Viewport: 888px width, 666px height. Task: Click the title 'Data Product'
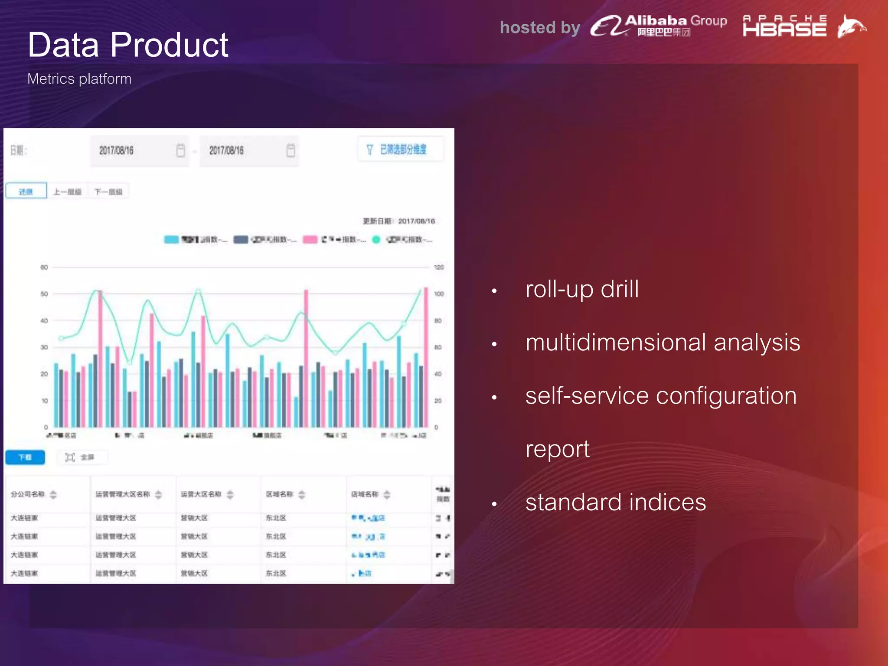tap(127, 45)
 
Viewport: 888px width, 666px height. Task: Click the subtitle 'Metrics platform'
tap(79, 79)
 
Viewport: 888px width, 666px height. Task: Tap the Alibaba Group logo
tap(658, 26)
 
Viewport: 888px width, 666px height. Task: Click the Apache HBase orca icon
tap(851, 26)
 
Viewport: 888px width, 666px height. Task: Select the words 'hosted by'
tap(540, 27)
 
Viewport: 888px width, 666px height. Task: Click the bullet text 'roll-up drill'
tap(582, 289)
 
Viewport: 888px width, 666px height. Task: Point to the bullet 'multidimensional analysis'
tap(662, 343)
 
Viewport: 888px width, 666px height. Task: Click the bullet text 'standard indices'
tap(615, 503)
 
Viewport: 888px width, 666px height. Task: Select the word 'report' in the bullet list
tap(557, 449)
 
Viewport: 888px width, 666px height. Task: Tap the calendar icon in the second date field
tap(291, 150)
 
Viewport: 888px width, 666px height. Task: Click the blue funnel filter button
tap(400, 150)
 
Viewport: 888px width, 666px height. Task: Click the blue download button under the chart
tap(25, 457)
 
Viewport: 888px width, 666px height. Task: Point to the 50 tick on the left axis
tap(44, 294)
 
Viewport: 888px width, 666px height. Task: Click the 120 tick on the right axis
tap(439, 268)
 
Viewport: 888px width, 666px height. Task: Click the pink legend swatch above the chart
tap(310, 240)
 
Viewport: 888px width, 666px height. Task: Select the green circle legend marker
tap(376, 240)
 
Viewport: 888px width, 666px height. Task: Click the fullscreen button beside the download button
tap(81, 457)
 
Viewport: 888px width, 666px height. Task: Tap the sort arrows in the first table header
tap(53, 494)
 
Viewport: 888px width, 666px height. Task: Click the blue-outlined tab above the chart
tap(26, 191)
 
